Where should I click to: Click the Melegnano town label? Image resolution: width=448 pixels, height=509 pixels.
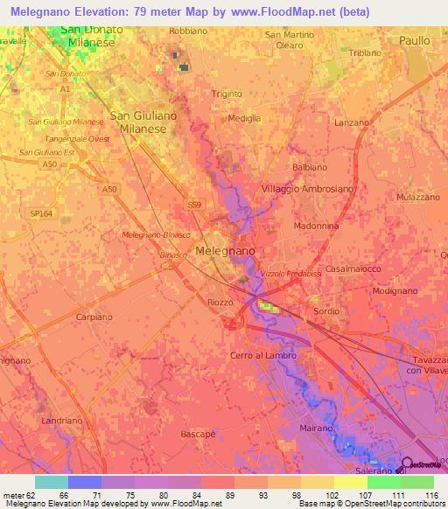point(226,250)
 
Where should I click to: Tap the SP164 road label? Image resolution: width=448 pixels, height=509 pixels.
point(41,213)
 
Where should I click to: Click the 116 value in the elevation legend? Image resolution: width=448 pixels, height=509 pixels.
point(431,495)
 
